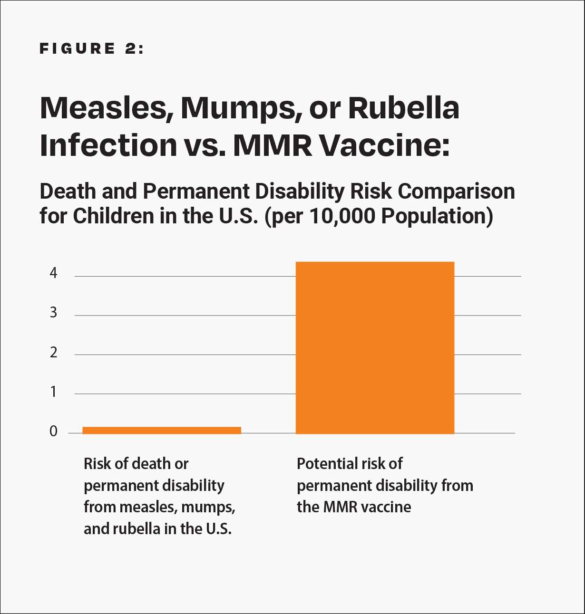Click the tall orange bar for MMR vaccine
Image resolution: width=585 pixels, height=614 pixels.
[x=375, y=347]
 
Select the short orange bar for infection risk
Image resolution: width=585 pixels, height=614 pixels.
[x=162, y=430]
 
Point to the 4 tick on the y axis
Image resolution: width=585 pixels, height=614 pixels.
[x=54, y=273]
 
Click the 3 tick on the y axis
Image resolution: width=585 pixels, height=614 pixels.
[x=54, y=313]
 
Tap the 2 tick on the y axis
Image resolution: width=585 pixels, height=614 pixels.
[x=54, y=353]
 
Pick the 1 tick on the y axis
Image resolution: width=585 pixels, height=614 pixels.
[x=54, y=392]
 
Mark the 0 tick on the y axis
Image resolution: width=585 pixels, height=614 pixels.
[x=54, y=432]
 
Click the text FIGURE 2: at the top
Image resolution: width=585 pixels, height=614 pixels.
[x=91, y=48]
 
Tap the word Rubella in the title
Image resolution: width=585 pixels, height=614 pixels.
[x=404, y=108]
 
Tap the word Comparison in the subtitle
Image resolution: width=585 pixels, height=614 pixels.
[x=456, y=192]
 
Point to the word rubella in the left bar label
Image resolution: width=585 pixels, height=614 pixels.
[x=137, y=528]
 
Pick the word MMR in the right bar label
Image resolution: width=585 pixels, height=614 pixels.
[x=340, y=507]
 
